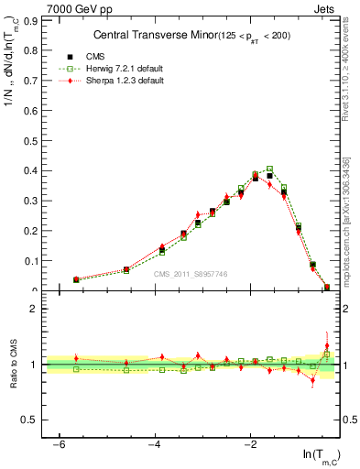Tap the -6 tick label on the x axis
pyautogui.click(x=59, y=443)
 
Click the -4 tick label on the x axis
pyautogui.click(x=154, y=443)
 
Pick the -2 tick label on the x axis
pyautogui.click(x=250, y=443)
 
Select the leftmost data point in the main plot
pyautogui.click(x=76, y=279)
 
